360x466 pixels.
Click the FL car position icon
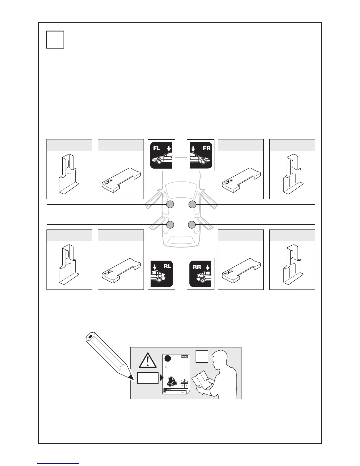161,155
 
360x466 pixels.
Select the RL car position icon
161,274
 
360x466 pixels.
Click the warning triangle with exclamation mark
148,361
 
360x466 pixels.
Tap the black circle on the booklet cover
168,358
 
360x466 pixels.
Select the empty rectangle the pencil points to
148,378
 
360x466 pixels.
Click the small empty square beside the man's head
202,357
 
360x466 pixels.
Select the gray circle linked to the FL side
170,204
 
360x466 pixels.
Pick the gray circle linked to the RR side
192,225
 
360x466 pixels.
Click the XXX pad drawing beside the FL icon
121,179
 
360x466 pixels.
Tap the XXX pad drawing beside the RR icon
241,270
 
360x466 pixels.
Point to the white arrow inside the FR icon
193,149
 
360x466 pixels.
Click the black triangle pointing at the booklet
161,378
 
